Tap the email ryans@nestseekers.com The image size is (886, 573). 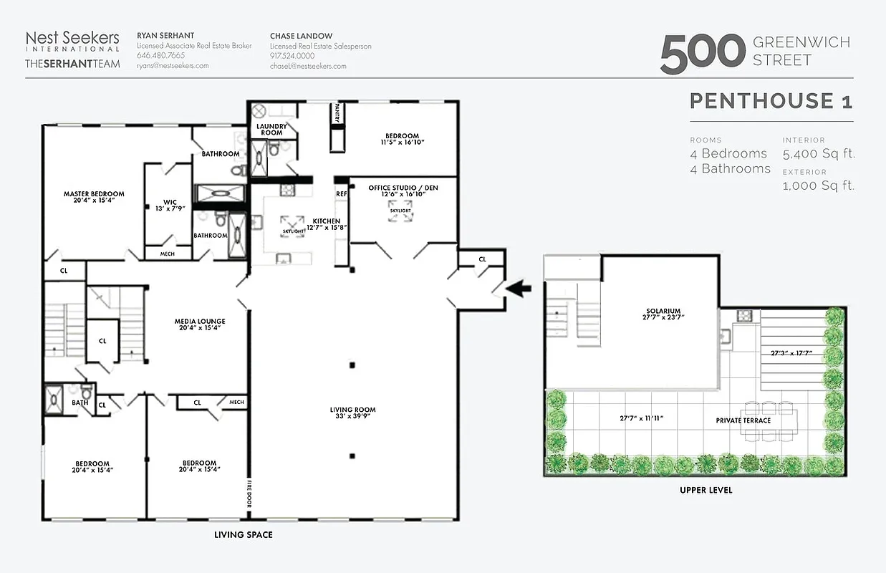point(173,66)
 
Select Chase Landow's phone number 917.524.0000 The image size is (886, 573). point(292,56)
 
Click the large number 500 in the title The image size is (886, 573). point(703,54)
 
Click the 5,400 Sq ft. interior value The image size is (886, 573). point(819,154)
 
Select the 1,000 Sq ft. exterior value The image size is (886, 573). point(819,186)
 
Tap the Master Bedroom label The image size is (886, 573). point(94,194)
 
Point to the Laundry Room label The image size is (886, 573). point(271,129)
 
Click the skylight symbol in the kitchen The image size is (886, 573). point(292,224)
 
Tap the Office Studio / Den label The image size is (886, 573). point(403,188)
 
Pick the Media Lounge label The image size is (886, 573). point(201,322)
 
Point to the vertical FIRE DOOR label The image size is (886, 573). point(250,492)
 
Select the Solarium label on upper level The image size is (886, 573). point(663,312)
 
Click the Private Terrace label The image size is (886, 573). point(743,420)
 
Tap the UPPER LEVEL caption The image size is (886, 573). point(706,491)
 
